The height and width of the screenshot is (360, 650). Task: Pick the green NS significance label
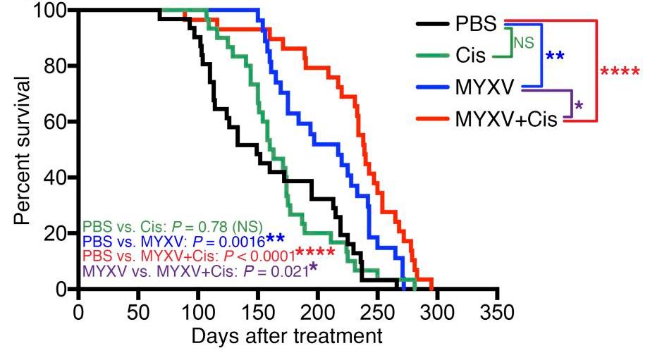click(x=523, y=43)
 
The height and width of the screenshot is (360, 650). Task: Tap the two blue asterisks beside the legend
click(x=555, y=56)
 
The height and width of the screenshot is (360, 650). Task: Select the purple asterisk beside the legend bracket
click(x=578, y=106)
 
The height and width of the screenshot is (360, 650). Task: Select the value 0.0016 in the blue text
click(x=241, y=240)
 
